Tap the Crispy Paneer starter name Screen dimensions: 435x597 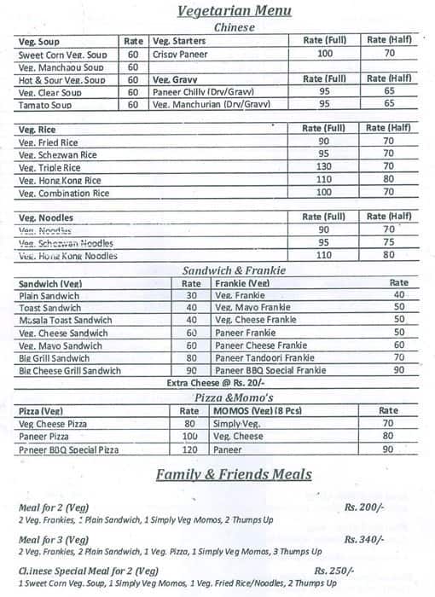coord(181,54)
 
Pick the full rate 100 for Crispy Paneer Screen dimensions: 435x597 coord(324,53)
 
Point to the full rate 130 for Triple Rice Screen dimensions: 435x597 coord(323,167)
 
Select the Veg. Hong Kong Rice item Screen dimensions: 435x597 coord(60,181)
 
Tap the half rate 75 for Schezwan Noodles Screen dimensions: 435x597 coord(389,242)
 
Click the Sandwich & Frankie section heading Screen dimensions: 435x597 coord(234,270)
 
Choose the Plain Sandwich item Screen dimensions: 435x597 coord(49,295)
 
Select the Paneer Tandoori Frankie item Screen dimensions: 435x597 coord(265,358)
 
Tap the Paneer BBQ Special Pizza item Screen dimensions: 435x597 coord(69,449)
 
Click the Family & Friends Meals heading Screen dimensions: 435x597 coord(234,475)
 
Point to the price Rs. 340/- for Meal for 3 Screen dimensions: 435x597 coord(364,539)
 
